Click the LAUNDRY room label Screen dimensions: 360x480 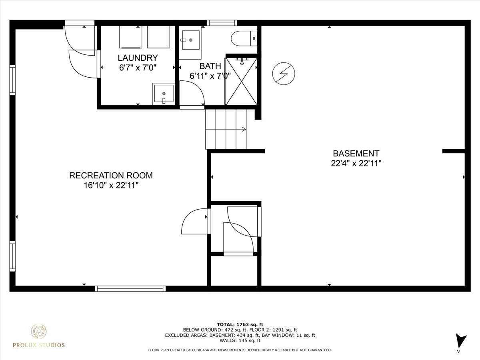coord(138,58)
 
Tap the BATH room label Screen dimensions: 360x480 coord(210,66)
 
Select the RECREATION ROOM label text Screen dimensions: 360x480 coord(111,175)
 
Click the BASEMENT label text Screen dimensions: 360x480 coord(356,153)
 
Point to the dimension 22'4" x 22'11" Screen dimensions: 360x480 coord(356,163)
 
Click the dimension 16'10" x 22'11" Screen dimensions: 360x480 coord(111,185)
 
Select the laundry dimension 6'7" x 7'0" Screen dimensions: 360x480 coord(138,68)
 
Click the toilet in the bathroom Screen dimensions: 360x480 coord(244,39)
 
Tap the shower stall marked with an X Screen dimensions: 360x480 coord(241,81)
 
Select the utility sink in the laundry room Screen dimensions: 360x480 coord(163,94)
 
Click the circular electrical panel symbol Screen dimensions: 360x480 coord(284,74)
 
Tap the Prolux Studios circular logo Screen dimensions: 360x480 coord(39,332)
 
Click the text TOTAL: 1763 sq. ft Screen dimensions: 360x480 coord(240,324)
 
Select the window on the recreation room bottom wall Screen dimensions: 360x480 coord(130,288)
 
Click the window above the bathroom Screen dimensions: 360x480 coord(222,23)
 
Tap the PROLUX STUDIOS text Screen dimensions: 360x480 coord(39,345)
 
